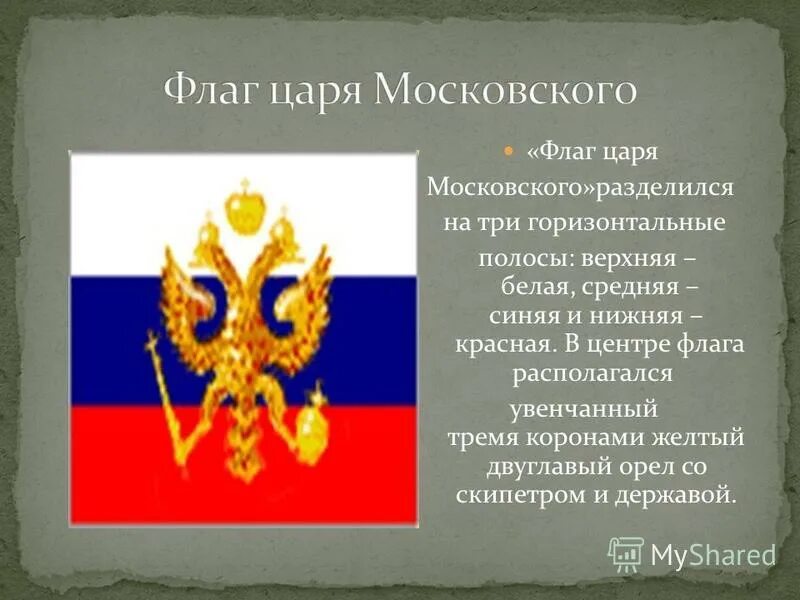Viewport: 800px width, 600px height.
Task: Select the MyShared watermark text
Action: coord(713,555)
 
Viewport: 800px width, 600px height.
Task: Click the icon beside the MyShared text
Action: coord(626,554)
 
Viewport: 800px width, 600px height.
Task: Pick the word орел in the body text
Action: coord(657,467)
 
